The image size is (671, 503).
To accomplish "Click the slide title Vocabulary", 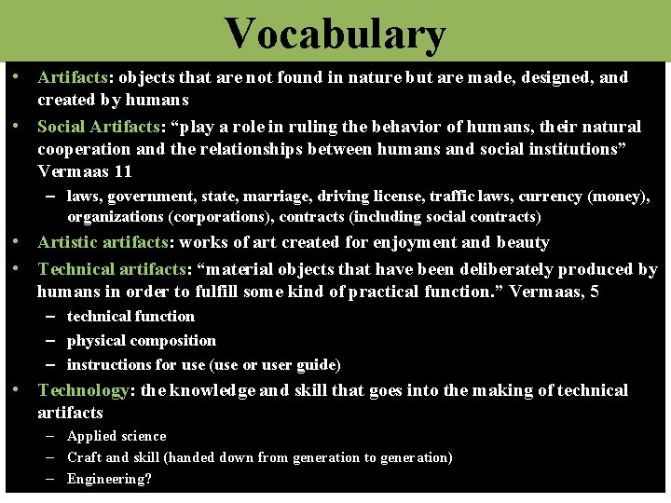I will click(335, 34).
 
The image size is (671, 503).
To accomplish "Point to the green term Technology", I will click(83, 390).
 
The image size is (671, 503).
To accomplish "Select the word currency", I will click(551, 197).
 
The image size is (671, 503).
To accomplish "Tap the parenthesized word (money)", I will click(618, 197).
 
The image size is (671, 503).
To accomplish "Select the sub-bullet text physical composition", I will click(142, 341).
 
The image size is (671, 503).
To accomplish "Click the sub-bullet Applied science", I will click(116, 436).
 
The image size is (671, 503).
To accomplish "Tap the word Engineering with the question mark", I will click(109, 480).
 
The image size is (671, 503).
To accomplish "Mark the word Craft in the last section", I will click(84, 457).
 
